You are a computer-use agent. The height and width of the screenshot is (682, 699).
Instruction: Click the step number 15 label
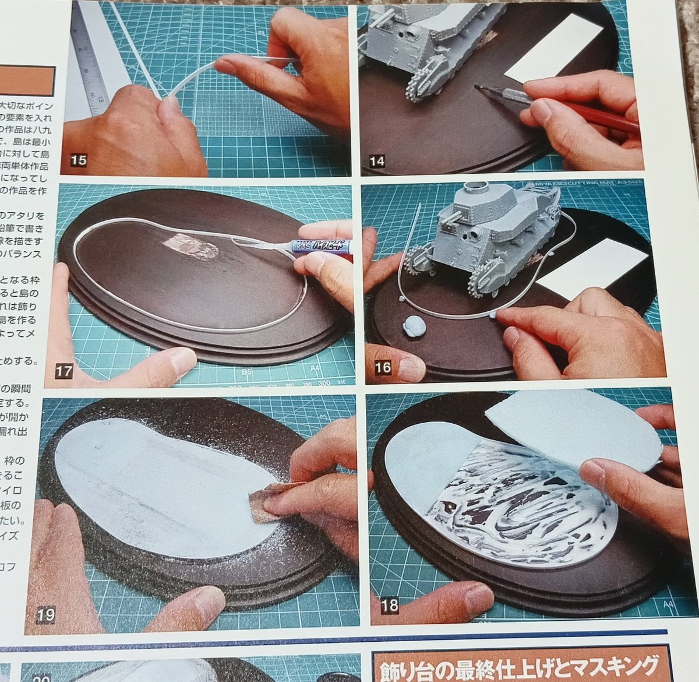pos(77,160)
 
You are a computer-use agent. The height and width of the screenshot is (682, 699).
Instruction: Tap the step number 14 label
pos(377,160)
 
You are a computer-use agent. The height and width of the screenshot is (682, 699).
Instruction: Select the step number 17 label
pos(65,371)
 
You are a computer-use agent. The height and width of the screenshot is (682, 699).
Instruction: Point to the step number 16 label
pos(384,367)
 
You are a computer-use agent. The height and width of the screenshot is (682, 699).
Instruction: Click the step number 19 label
pos(46,614)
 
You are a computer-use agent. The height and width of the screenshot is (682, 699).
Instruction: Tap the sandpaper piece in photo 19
pos(270,502)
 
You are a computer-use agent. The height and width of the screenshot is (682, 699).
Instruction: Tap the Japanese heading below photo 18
pos(517,663)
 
